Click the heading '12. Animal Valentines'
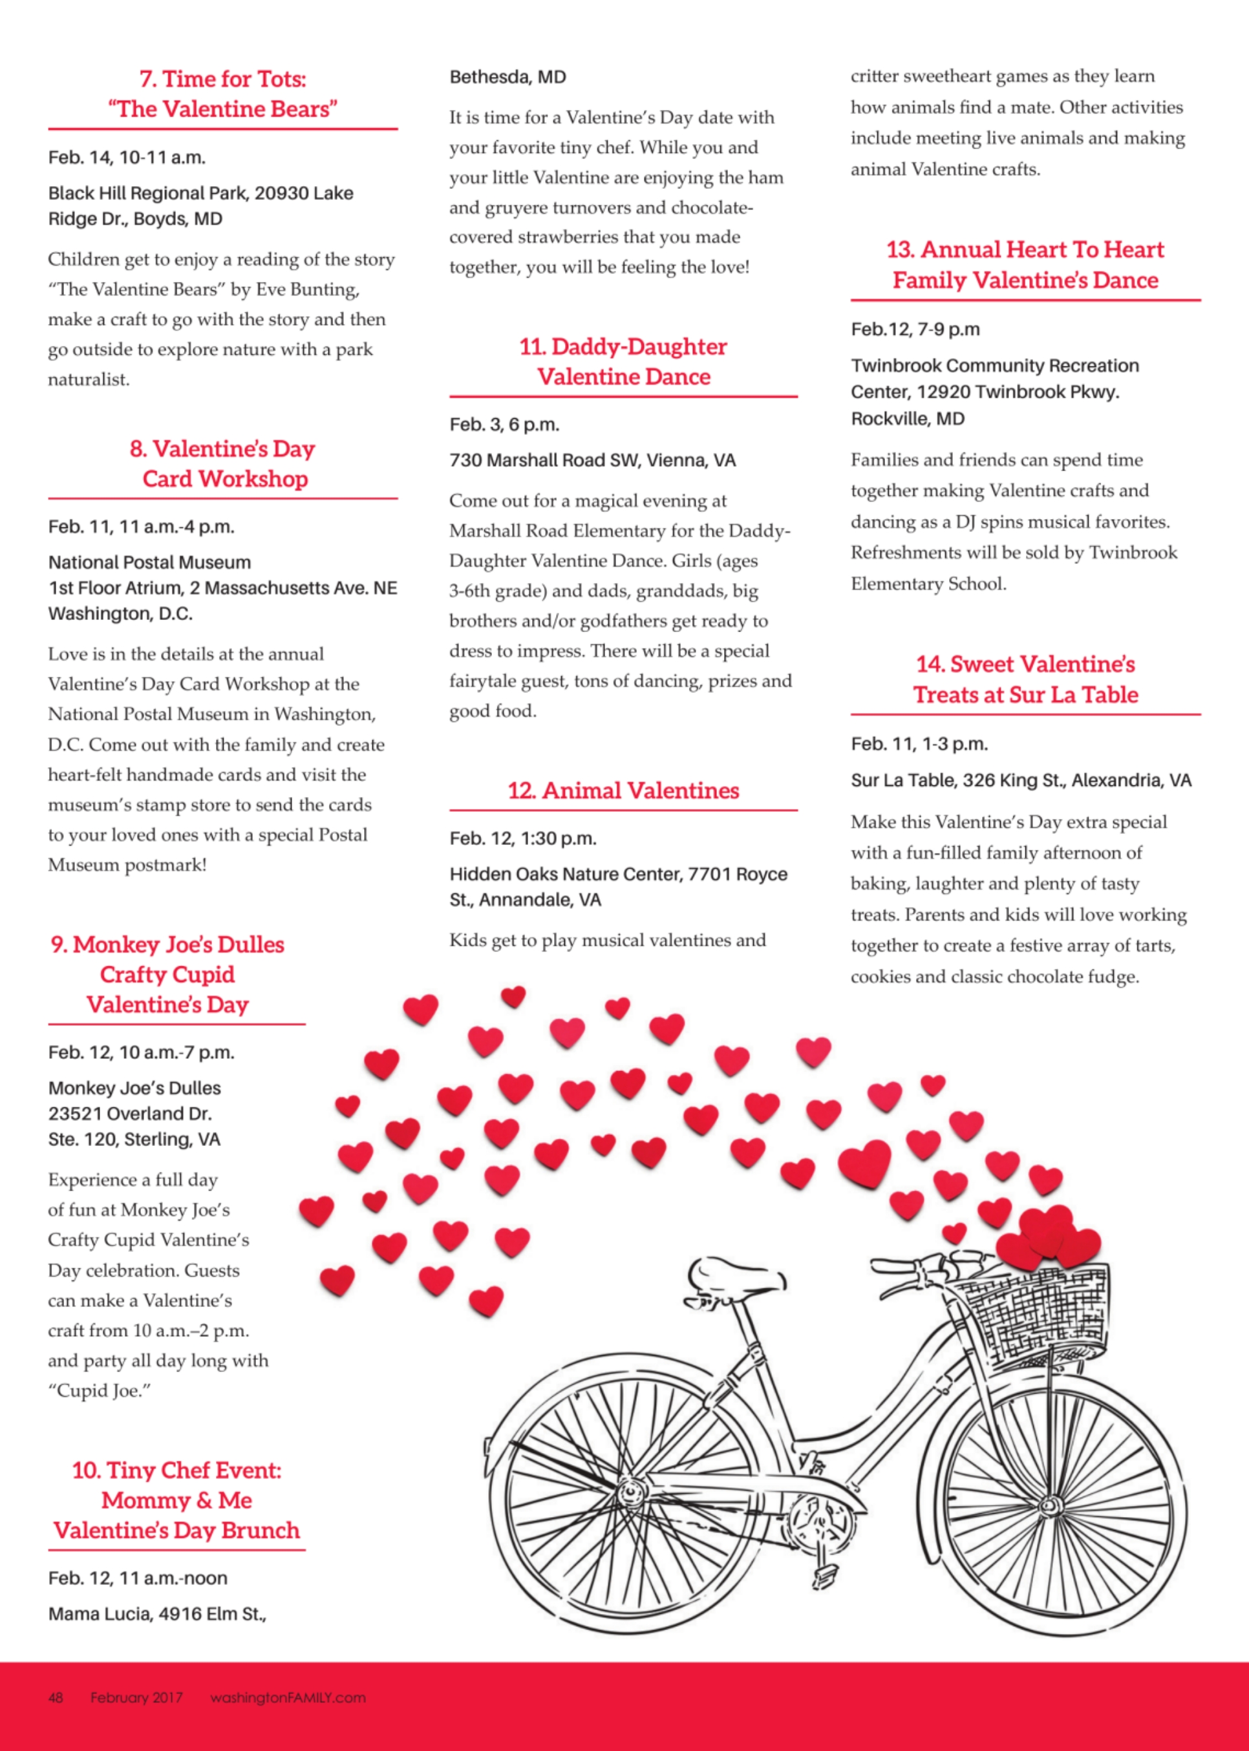pyautogui.click(x=623, y=791)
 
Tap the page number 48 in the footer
pyautogui.click(x=56, y=1697)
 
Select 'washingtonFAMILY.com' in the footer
pyautogui.click(x=288, y=1697)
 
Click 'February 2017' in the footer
pyautogui.click(x=136, y=1697)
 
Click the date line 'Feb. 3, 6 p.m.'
pyautogui.click(x=504, y=425)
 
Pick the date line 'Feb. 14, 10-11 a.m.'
pyautogui.click(x=127, y=158)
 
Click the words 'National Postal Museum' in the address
pyautogui.click(x=149, y=562)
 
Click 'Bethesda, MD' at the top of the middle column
pyautogui.click(x=507, y=77)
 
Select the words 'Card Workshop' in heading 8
pyautogui.click(x=224, y=478)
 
